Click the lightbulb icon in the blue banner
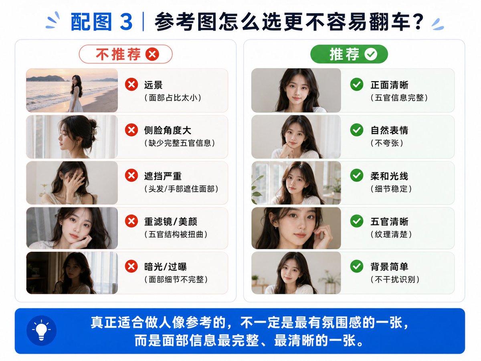coord(41,331)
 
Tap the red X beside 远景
coord(131,84)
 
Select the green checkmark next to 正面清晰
coord(356,84)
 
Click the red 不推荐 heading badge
coord(125,54)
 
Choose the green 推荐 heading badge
coord(349,54)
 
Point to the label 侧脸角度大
coord(168,130)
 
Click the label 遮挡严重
coord(163,176)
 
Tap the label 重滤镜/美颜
coord(170,221)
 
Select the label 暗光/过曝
coord(166,267)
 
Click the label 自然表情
coord(389,130)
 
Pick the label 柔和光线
coord(389,176)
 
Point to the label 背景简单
coord(389,267)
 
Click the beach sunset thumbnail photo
coord(72,90)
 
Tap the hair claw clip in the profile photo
coord(95,131)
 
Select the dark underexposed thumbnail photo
coord(72,273)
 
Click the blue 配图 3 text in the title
coord(102,22)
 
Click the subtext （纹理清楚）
coord(391,234)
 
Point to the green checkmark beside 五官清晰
coord(356,221)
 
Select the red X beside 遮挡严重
coord(131,175)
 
